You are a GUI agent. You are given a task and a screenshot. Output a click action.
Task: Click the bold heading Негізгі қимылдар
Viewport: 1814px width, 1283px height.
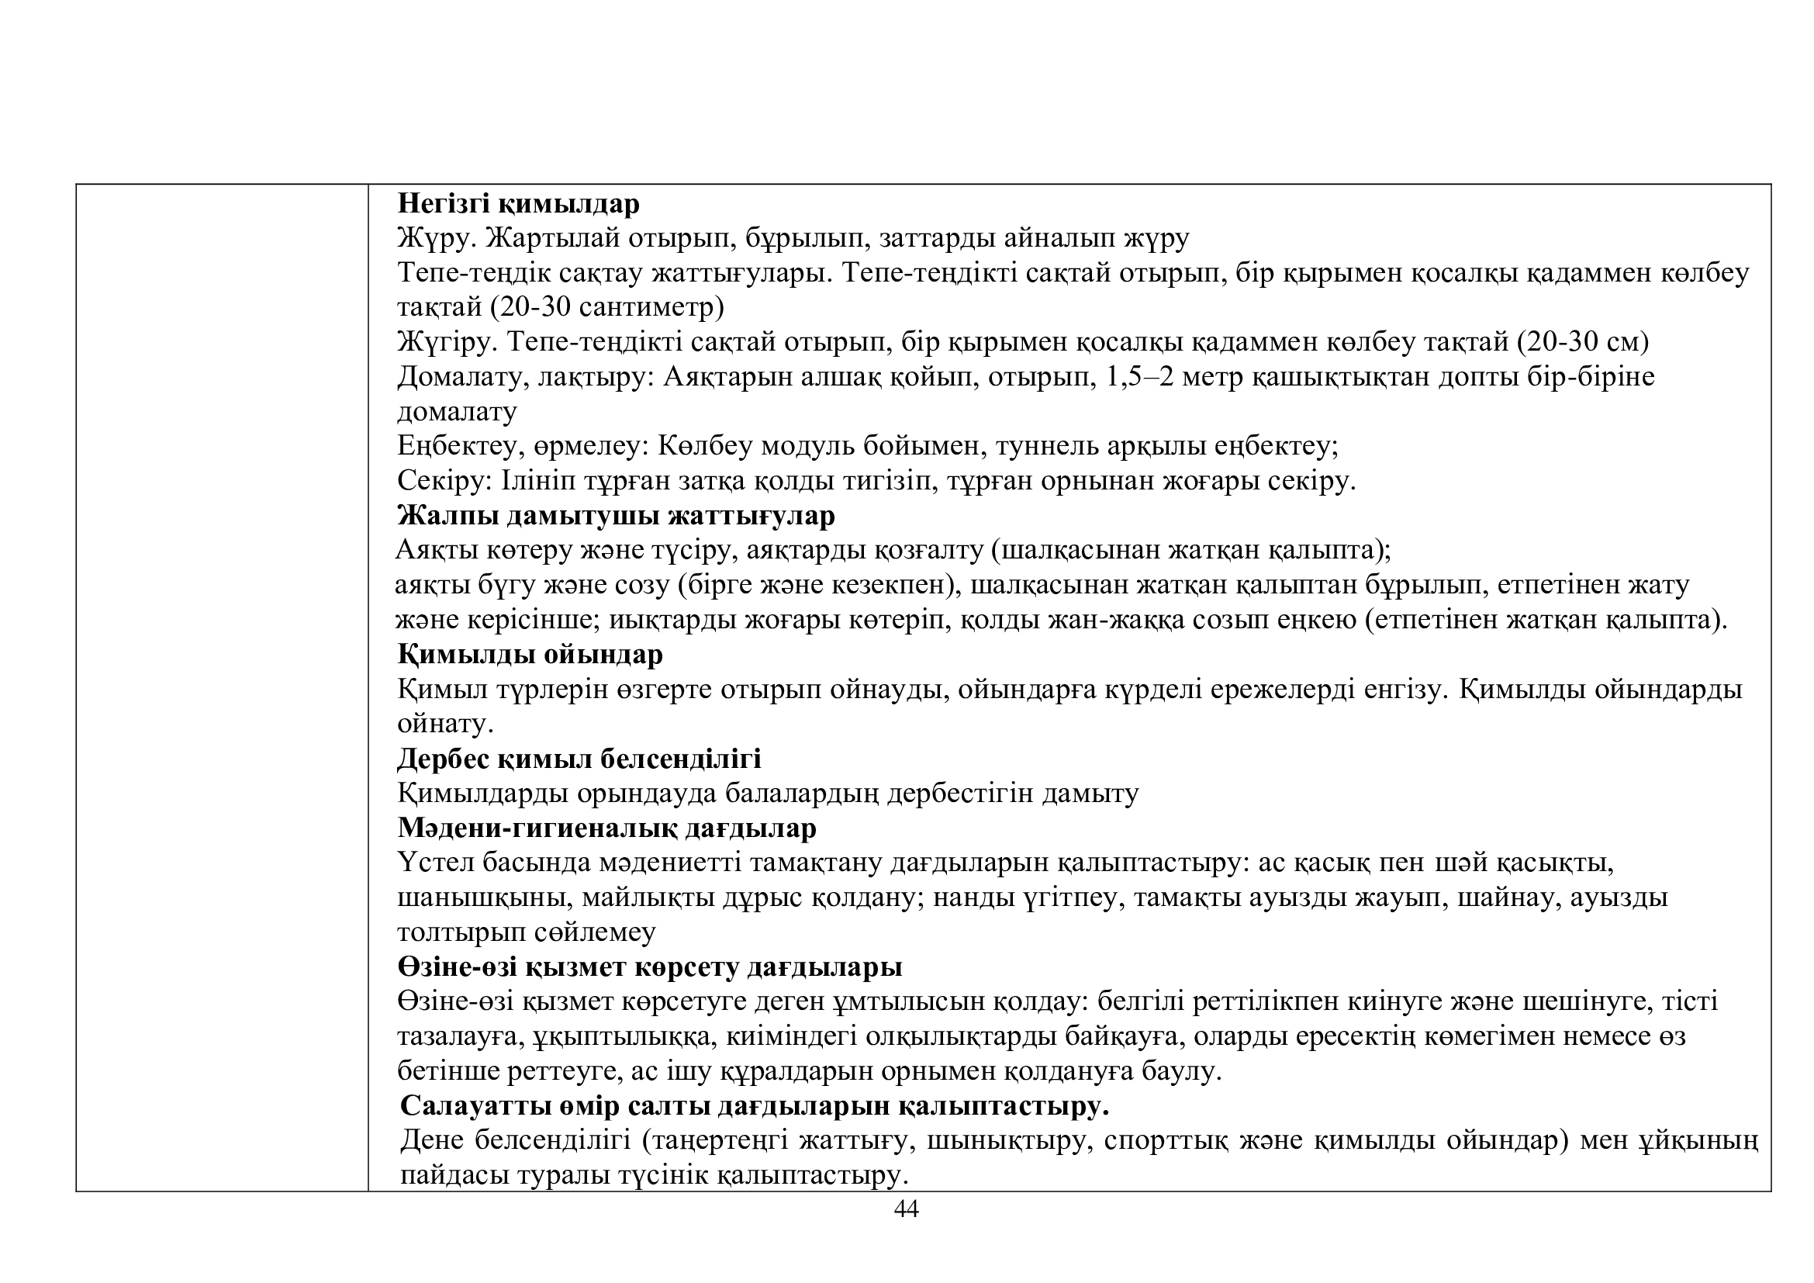tap(518, 204)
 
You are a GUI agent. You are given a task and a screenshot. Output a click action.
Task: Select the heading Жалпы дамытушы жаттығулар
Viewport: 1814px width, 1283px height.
tap(616, 516)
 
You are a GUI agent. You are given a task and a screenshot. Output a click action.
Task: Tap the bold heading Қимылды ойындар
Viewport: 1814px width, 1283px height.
tap(530, 655)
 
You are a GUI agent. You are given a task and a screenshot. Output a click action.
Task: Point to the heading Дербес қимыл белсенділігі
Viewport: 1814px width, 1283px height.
tap(579, 759)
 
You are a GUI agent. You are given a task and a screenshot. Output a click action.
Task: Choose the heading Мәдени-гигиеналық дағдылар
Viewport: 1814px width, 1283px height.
tap(606, 828)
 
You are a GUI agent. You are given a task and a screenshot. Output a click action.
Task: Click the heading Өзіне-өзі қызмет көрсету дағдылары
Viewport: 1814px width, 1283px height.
tap(649, 967)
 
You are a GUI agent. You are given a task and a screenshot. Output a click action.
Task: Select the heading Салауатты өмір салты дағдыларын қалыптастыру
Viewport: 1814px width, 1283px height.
tap(755, 1106)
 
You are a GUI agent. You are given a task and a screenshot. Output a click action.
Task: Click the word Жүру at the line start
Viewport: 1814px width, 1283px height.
tap(435, 238)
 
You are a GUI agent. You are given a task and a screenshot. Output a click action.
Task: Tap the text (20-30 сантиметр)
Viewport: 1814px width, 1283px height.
tap(606, 307)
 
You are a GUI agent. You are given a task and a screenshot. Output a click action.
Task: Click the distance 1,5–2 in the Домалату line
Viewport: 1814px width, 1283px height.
tap(1145, 377)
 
